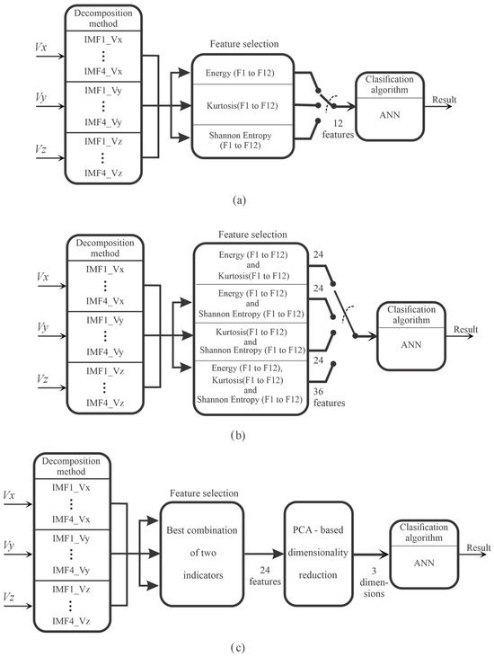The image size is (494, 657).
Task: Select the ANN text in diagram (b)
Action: (407, 343)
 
